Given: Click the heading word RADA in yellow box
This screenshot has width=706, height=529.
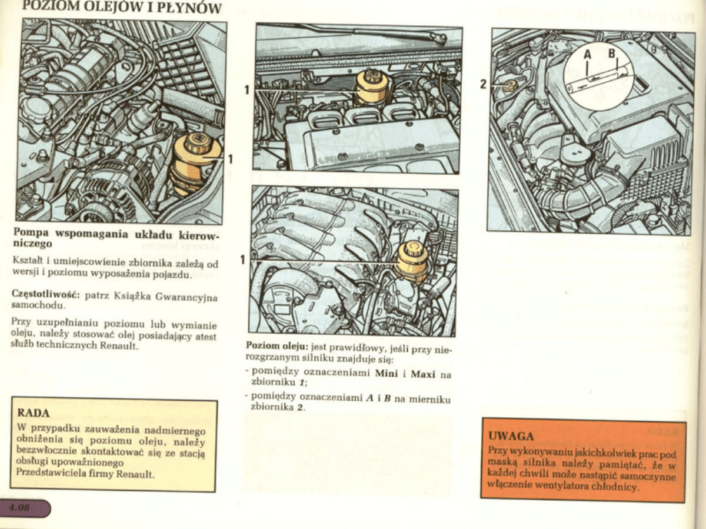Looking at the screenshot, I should (x=34, y=412).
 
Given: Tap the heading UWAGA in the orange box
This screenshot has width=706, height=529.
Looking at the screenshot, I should (x=511, y=436).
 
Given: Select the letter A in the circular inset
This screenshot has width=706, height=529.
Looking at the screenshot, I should (x=587, y=55).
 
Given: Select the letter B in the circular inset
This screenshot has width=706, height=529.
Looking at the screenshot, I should (x=612, y=54).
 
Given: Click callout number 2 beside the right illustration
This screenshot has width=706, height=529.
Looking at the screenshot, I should (x=482, y=84).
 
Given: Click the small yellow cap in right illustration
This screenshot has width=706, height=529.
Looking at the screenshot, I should (x=509, y=86).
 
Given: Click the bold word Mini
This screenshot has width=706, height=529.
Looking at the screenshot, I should (x=387, y=373).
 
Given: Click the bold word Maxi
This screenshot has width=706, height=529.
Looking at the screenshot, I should (x=423, y=373).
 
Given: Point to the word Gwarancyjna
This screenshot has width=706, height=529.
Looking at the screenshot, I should (x=188, y=298).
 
